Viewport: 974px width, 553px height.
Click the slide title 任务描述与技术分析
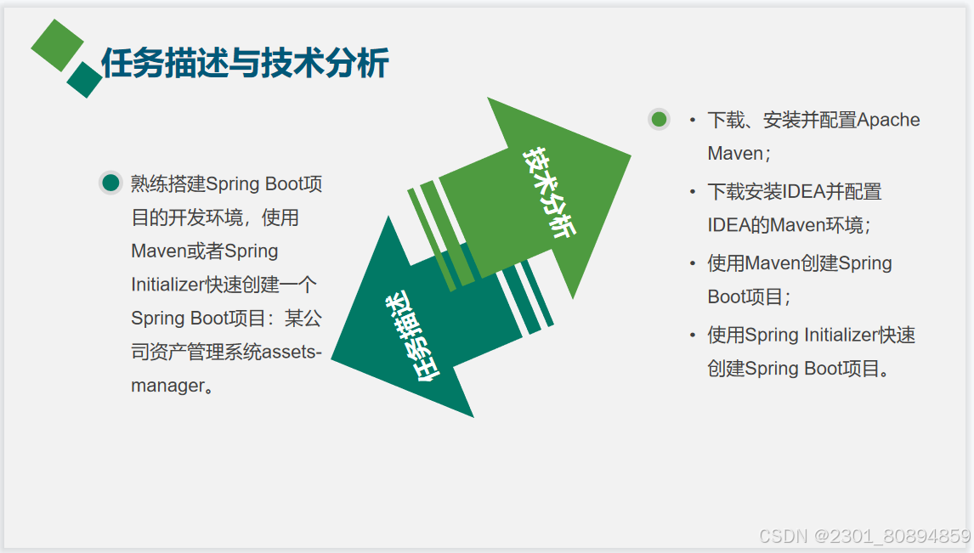[x=245, y=63]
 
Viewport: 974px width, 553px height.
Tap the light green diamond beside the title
[x=57, y=45]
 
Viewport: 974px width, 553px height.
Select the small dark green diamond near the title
[x=84, y=80]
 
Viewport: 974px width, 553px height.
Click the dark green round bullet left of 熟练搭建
[x=110, y=183]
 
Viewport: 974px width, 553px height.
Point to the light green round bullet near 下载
[x=659, y=119]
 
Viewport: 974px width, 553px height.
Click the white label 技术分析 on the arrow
[x=549, y=192]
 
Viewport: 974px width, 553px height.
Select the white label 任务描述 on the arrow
[x=411, y=336]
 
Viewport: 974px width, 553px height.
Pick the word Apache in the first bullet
[x=888, y=120]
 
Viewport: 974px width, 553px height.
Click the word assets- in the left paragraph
[x=292, y=352]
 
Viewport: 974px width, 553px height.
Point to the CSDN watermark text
[x=864, y=536]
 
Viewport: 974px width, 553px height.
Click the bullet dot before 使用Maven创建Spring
[x=693, y=264]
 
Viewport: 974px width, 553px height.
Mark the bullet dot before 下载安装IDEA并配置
[x=693, y=192]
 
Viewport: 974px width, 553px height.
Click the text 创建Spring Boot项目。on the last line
[x=800, y=369]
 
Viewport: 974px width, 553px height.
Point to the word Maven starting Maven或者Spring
[x=158, y=251]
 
